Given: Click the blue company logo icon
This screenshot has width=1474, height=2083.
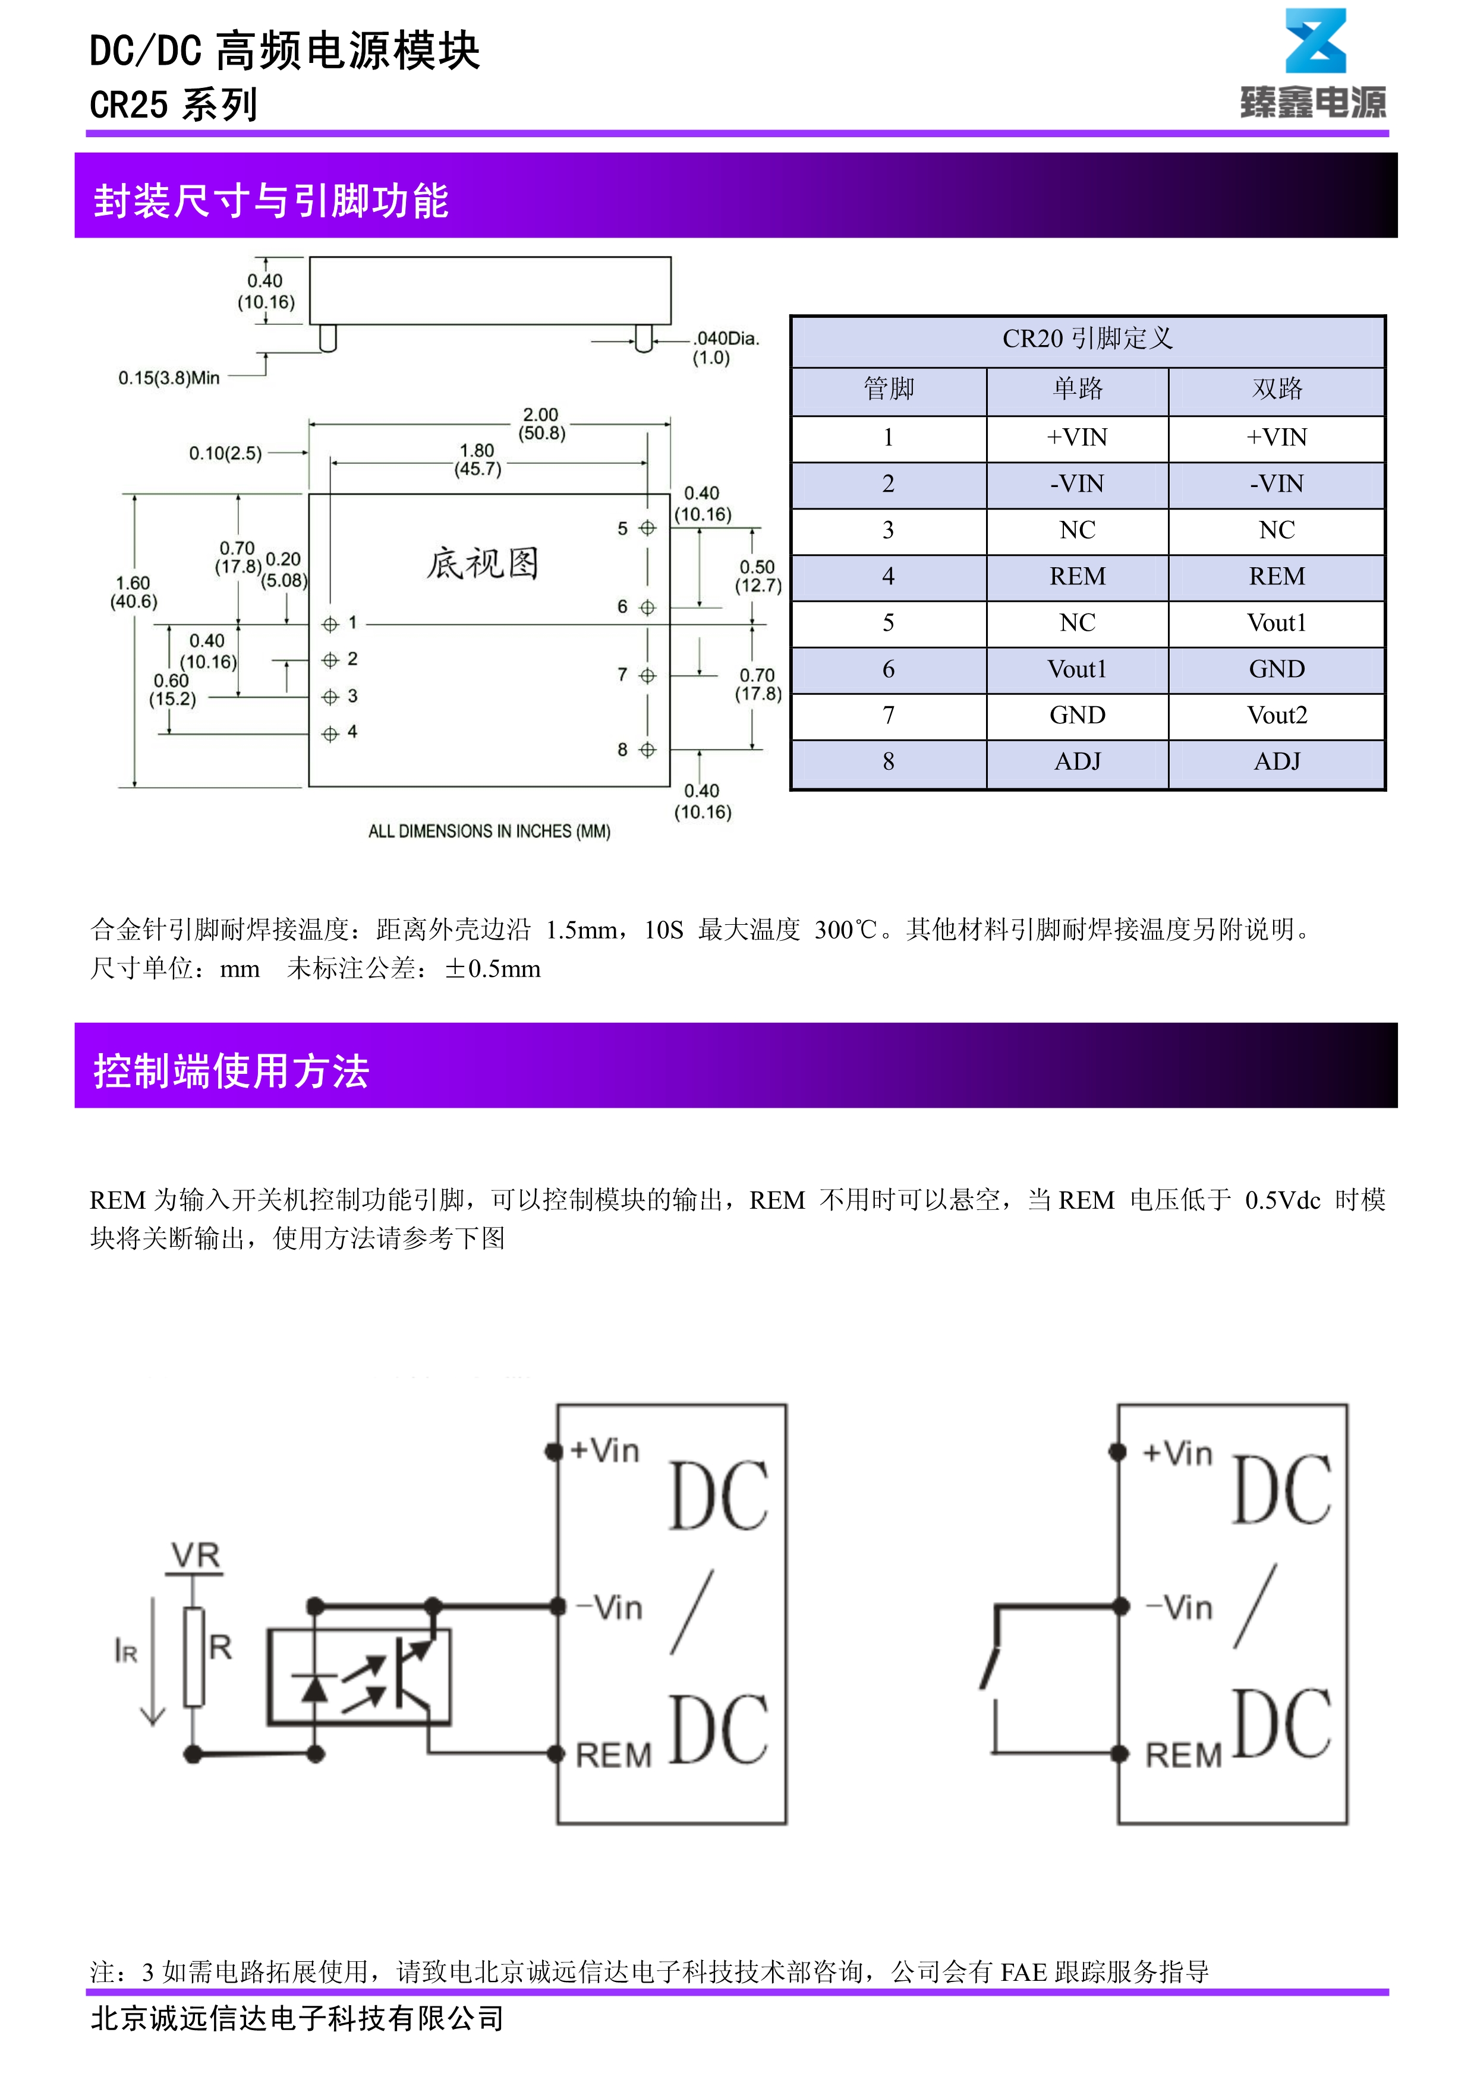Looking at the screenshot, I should (x=1315, y=42).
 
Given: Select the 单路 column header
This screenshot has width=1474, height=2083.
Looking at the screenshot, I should (x=1078, y=389).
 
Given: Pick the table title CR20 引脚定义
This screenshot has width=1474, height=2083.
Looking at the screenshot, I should (x=1087, y=339).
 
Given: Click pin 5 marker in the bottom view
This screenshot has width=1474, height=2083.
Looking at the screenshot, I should (x=647, y=529).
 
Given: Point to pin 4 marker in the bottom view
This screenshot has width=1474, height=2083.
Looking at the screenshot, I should (x=330, y=734).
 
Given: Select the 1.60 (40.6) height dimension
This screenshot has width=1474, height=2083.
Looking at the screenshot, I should (x=133, y=592).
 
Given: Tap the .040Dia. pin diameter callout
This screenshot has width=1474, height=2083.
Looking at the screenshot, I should (x=725, y=347).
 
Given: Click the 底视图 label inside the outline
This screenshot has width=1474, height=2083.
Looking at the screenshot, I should (x=483, y=564).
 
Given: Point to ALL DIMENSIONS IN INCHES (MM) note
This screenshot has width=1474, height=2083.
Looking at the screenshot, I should (x=489, y=831).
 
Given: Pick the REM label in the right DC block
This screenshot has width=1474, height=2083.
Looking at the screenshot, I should (x=1183, y=1756).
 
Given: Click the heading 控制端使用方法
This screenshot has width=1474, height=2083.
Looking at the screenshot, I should (x=231, y=1071).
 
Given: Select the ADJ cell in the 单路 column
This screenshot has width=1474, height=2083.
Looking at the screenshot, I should (x=1078, y=762).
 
